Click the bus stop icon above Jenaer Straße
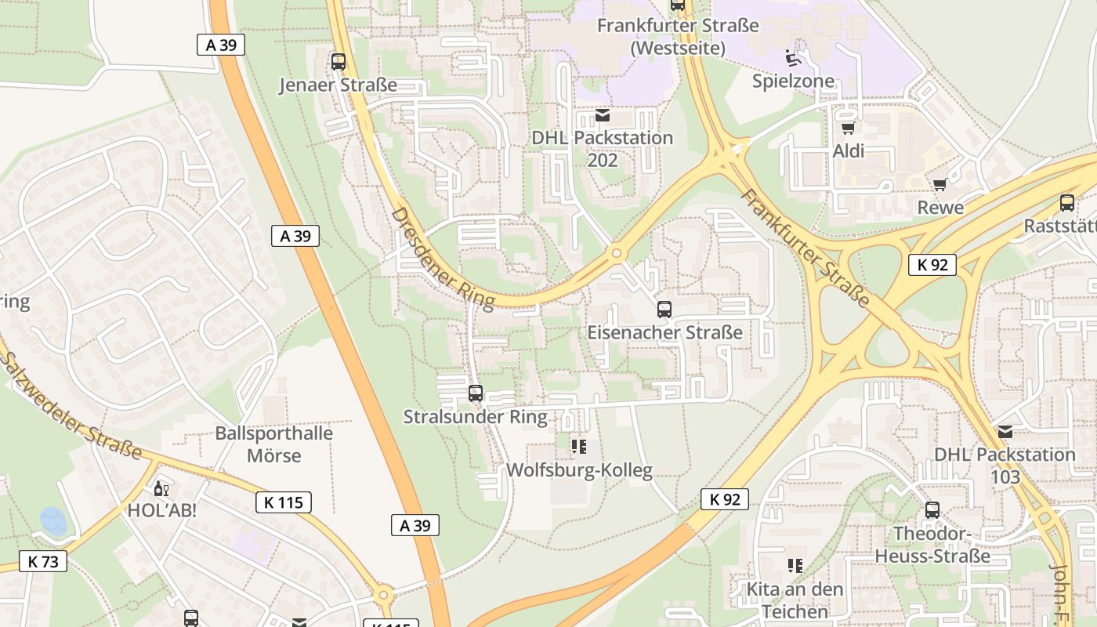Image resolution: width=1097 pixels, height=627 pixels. pos(339,61)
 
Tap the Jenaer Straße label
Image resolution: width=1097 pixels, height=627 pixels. pos(339,85)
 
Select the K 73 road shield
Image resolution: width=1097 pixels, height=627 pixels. pos(43,561)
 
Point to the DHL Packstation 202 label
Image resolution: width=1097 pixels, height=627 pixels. pos(602,148)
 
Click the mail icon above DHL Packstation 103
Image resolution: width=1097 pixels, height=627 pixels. pos(1005,432)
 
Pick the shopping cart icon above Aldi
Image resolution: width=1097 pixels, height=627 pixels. pos(848,128)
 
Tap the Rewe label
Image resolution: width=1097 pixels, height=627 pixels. pos(940,208)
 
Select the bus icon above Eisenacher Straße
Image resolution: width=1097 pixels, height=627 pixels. pos(664,310)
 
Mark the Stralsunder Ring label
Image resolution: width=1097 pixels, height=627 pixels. pos(475,416)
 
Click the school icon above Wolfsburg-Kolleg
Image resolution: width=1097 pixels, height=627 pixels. pos(579,447)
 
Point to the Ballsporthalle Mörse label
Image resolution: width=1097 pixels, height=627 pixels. pos(274,444)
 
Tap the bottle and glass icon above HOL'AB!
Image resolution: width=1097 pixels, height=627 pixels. pos(161,489)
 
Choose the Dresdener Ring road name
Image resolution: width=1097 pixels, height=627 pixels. pos(443,257)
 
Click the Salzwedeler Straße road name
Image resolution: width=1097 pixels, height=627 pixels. pos(71,405)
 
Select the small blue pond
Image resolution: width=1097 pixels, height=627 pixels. pos(53,520)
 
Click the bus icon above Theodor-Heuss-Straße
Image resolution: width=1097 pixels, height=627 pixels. pos(932,510)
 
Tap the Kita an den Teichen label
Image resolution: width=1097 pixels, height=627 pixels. pos(795,600)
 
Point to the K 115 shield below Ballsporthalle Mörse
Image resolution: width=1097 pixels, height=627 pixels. pos(283,502)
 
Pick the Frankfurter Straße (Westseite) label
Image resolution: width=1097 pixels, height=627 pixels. pos(678,36)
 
